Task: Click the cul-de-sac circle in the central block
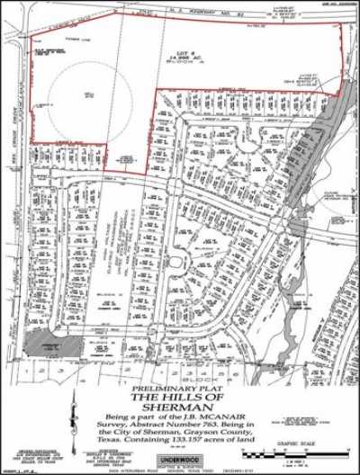tap(178, 261)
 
